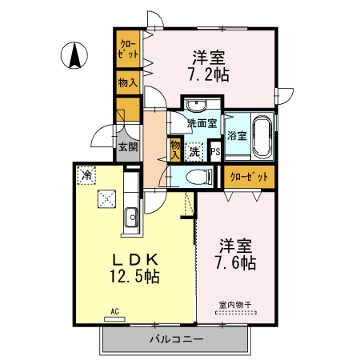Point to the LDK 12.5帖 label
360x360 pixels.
[133, 268]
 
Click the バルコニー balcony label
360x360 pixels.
[176, 339]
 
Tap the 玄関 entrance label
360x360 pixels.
[127, 146]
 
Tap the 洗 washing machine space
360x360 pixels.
[194, 150]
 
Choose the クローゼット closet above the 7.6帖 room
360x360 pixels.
[248, 176]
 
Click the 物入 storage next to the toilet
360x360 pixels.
[175, 150]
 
